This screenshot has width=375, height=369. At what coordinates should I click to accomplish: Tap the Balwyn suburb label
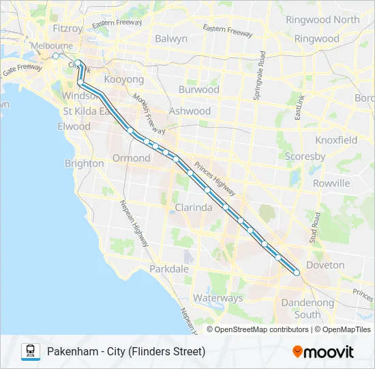[170, 39]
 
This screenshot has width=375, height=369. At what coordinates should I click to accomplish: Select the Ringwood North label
[322, 20]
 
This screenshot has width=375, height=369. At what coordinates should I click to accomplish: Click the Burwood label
[198, 90]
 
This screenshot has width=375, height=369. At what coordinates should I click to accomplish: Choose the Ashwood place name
[190, 111]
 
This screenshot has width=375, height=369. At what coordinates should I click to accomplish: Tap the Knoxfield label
[336, 140]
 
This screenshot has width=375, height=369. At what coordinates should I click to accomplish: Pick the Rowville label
[331, 183]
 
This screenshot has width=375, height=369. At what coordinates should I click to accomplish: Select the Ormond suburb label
[131, 158]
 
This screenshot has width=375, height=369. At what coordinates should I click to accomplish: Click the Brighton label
[84, 163]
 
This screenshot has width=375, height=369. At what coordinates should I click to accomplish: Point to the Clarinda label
[194, 207]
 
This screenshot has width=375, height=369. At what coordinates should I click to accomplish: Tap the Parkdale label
[169, 269]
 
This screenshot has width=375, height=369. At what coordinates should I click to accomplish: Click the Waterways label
[217, 298]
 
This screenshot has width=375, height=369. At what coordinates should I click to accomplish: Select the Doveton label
[325, 265]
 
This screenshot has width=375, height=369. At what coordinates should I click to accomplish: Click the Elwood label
[74, 126]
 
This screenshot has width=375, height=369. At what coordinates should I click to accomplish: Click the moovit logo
[323, 352]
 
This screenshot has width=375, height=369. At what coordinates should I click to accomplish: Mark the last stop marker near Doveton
[297, 273]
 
